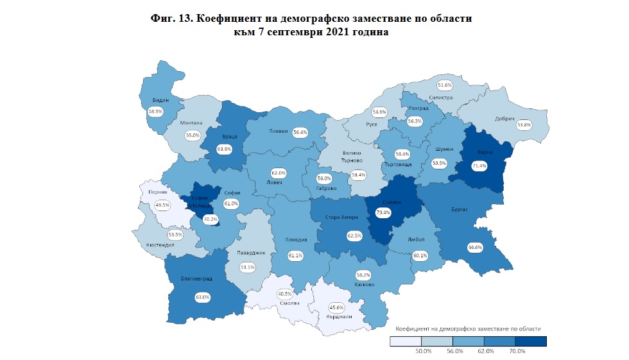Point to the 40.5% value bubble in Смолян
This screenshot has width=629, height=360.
coord(285,295)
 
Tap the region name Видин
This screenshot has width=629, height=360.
coord(161,101)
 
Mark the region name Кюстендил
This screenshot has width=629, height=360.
coord(157,246)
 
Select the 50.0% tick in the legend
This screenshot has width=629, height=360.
coord(422,351)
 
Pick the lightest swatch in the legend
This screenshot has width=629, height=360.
coord(406,341)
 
